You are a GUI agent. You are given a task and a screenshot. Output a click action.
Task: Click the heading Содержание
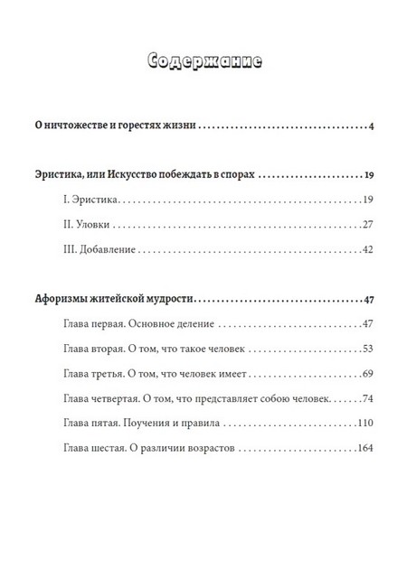pos(203,62)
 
